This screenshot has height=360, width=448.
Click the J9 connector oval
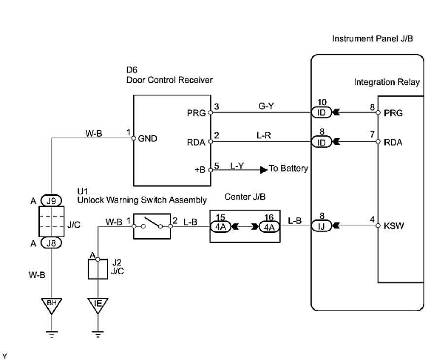coord(52,201)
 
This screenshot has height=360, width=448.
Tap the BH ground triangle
coord(52,305)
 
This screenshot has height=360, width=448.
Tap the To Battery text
coord(288,169)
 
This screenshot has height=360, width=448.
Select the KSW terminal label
coord(393,227)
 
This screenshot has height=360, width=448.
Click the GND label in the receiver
coord(147,139)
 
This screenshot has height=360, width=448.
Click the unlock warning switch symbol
coord(152,226)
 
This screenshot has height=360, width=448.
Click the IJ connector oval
coord(321,227)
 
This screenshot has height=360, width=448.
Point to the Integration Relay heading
coord(387,82)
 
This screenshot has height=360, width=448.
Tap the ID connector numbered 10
coord(321,112)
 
